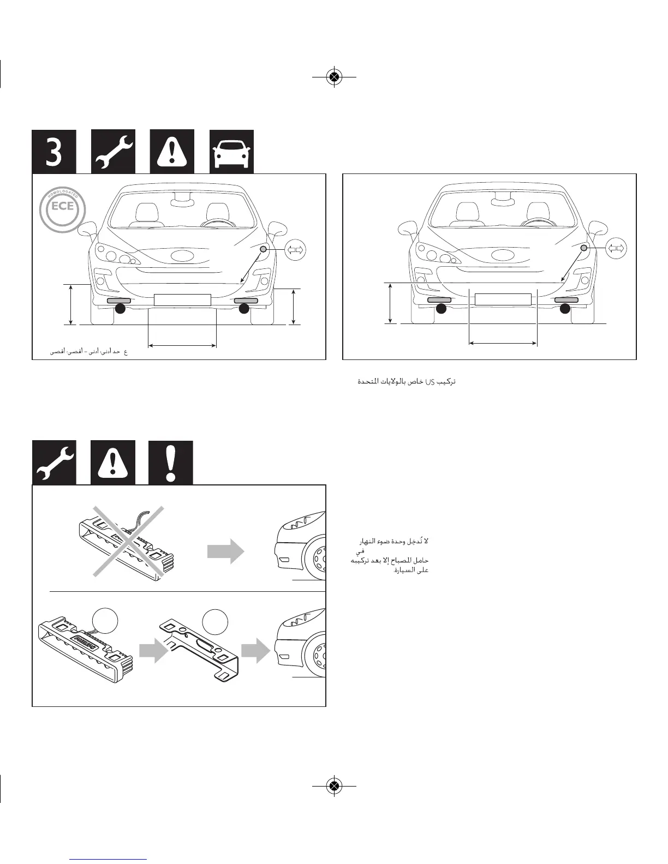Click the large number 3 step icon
(x=54, y=152)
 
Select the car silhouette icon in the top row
(x=232, y=152)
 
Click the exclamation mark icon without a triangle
(x=171, y=463)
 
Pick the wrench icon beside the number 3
(x=113, y=152)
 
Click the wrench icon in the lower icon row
(x=54, y=463)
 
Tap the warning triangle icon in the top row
(x=172, y=152)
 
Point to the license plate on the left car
(x=182, y=299)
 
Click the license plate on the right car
(x=503, y=299)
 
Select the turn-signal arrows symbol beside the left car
(x=296, y=250)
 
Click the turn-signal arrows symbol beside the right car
(x=616, y=249)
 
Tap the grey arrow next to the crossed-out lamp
(x=225, y=552)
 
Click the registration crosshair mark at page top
(x=334, y=77)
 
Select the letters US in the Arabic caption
(x=429, y=382)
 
